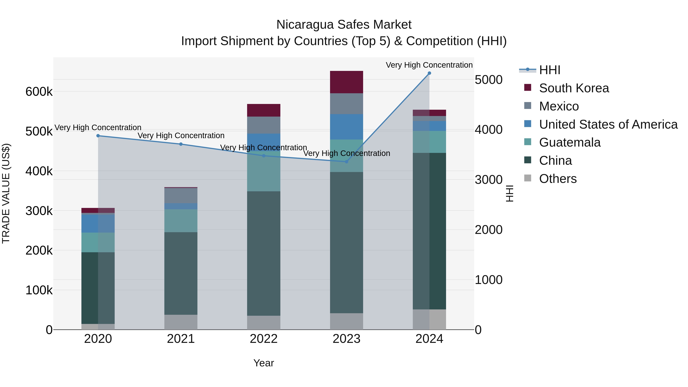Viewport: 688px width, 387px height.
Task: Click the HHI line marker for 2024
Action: (x=429, y=73)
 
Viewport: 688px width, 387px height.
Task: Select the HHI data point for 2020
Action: (x=98, y=136)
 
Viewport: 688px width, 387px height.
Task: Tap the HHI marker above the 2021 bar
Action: (x=181, y=144)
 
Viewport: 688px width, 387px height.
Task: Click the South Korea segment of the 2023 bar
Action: (x=346, y=82)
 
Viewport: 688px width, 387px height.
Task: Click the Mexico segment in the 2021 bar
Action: (x=181, y=196)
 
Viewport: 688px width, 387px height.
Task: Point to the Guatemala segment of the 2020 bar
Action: (x=98, y=242)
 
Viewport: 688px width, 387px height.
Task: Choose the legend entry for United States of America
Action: (x=608, y=124)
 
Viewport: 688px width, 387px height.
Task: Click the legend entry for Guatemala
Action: (x=570, y=142)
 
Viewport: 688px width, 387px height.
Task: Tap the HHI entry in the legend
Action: (x=549, y=70)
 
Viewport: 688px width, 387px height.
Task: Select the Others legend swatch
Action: (x=527, y=178)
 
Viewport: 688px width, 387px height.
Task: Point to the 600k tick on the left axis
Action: (x=39, y=92)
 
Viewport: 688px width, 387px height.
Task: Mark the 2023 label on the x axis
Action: (x=346, y=339)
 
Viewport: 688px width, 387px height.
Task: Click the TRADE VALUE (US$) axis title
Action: (x=6, y=193)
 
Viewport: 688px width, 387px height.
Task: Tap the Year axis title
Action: (x=264, y=363)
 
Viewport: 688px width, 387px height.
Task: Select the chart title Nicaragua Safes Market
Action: (x=344, y=25)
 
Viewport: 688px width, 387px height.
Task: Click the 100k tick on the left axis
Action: (x=39, y=290)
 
